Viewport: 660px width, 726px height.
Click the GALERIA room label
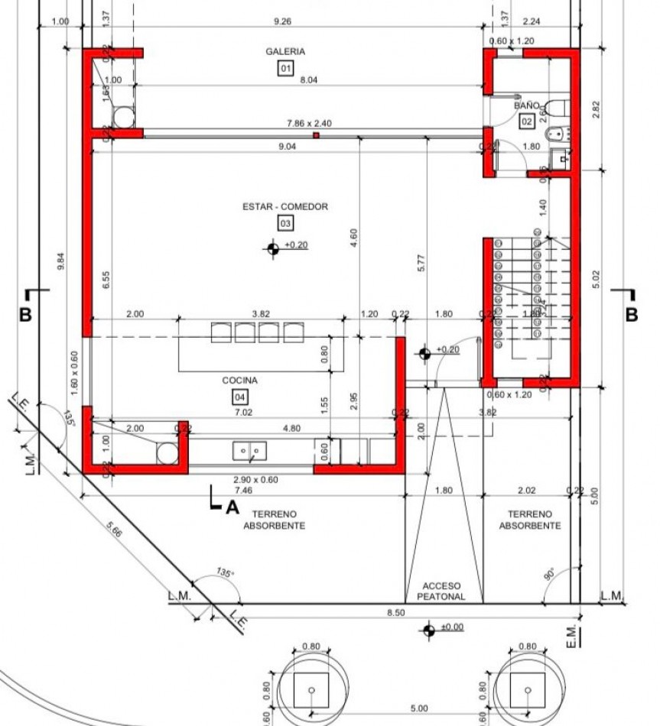(285, 51)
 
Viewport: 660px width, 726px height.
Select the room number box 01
(285, 69)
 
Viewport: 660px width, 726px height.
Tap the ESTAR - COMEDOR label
(285, 206)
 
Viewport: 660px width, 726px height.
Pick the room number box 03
(285, 224)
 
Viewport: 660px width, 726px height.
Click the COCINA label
(240, 380)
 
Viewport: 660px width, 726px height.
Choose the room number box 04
(240, 397)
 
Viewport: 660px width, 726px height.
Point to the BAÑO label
(526, 105)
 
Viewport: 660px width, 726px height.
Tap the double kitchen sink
(250, 452)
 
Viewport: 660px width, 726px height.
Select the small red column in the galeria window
(315, 135)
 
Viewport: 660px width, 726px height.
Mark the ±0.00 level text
(451, 627)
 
